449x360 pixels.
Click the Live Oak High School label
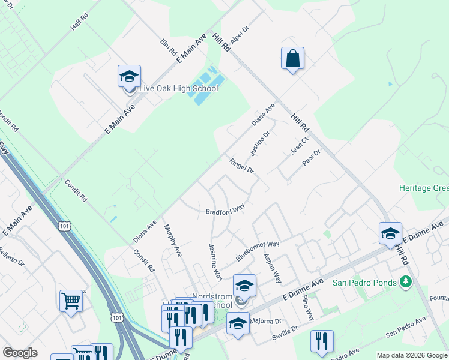pos(178,89)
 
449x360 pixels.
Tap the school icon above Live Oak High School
pos(129,77)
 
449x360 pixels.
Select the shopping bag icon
pos(292,59)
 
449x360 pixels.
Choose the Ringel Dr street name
pos(241,166)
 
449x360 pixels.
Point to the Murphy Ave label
pos(173,241)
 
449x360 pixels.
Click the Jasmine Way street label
pos(215,262)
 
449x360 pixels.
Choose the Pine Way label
pos(307,307)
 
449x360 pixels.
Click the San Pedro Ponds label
pos(364,283)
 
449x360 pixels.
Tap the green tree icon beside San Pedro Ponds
pos(406,281)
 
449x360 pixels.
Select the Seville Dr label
pos(285,334)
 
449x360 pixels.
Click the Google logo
pos(20,353)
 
